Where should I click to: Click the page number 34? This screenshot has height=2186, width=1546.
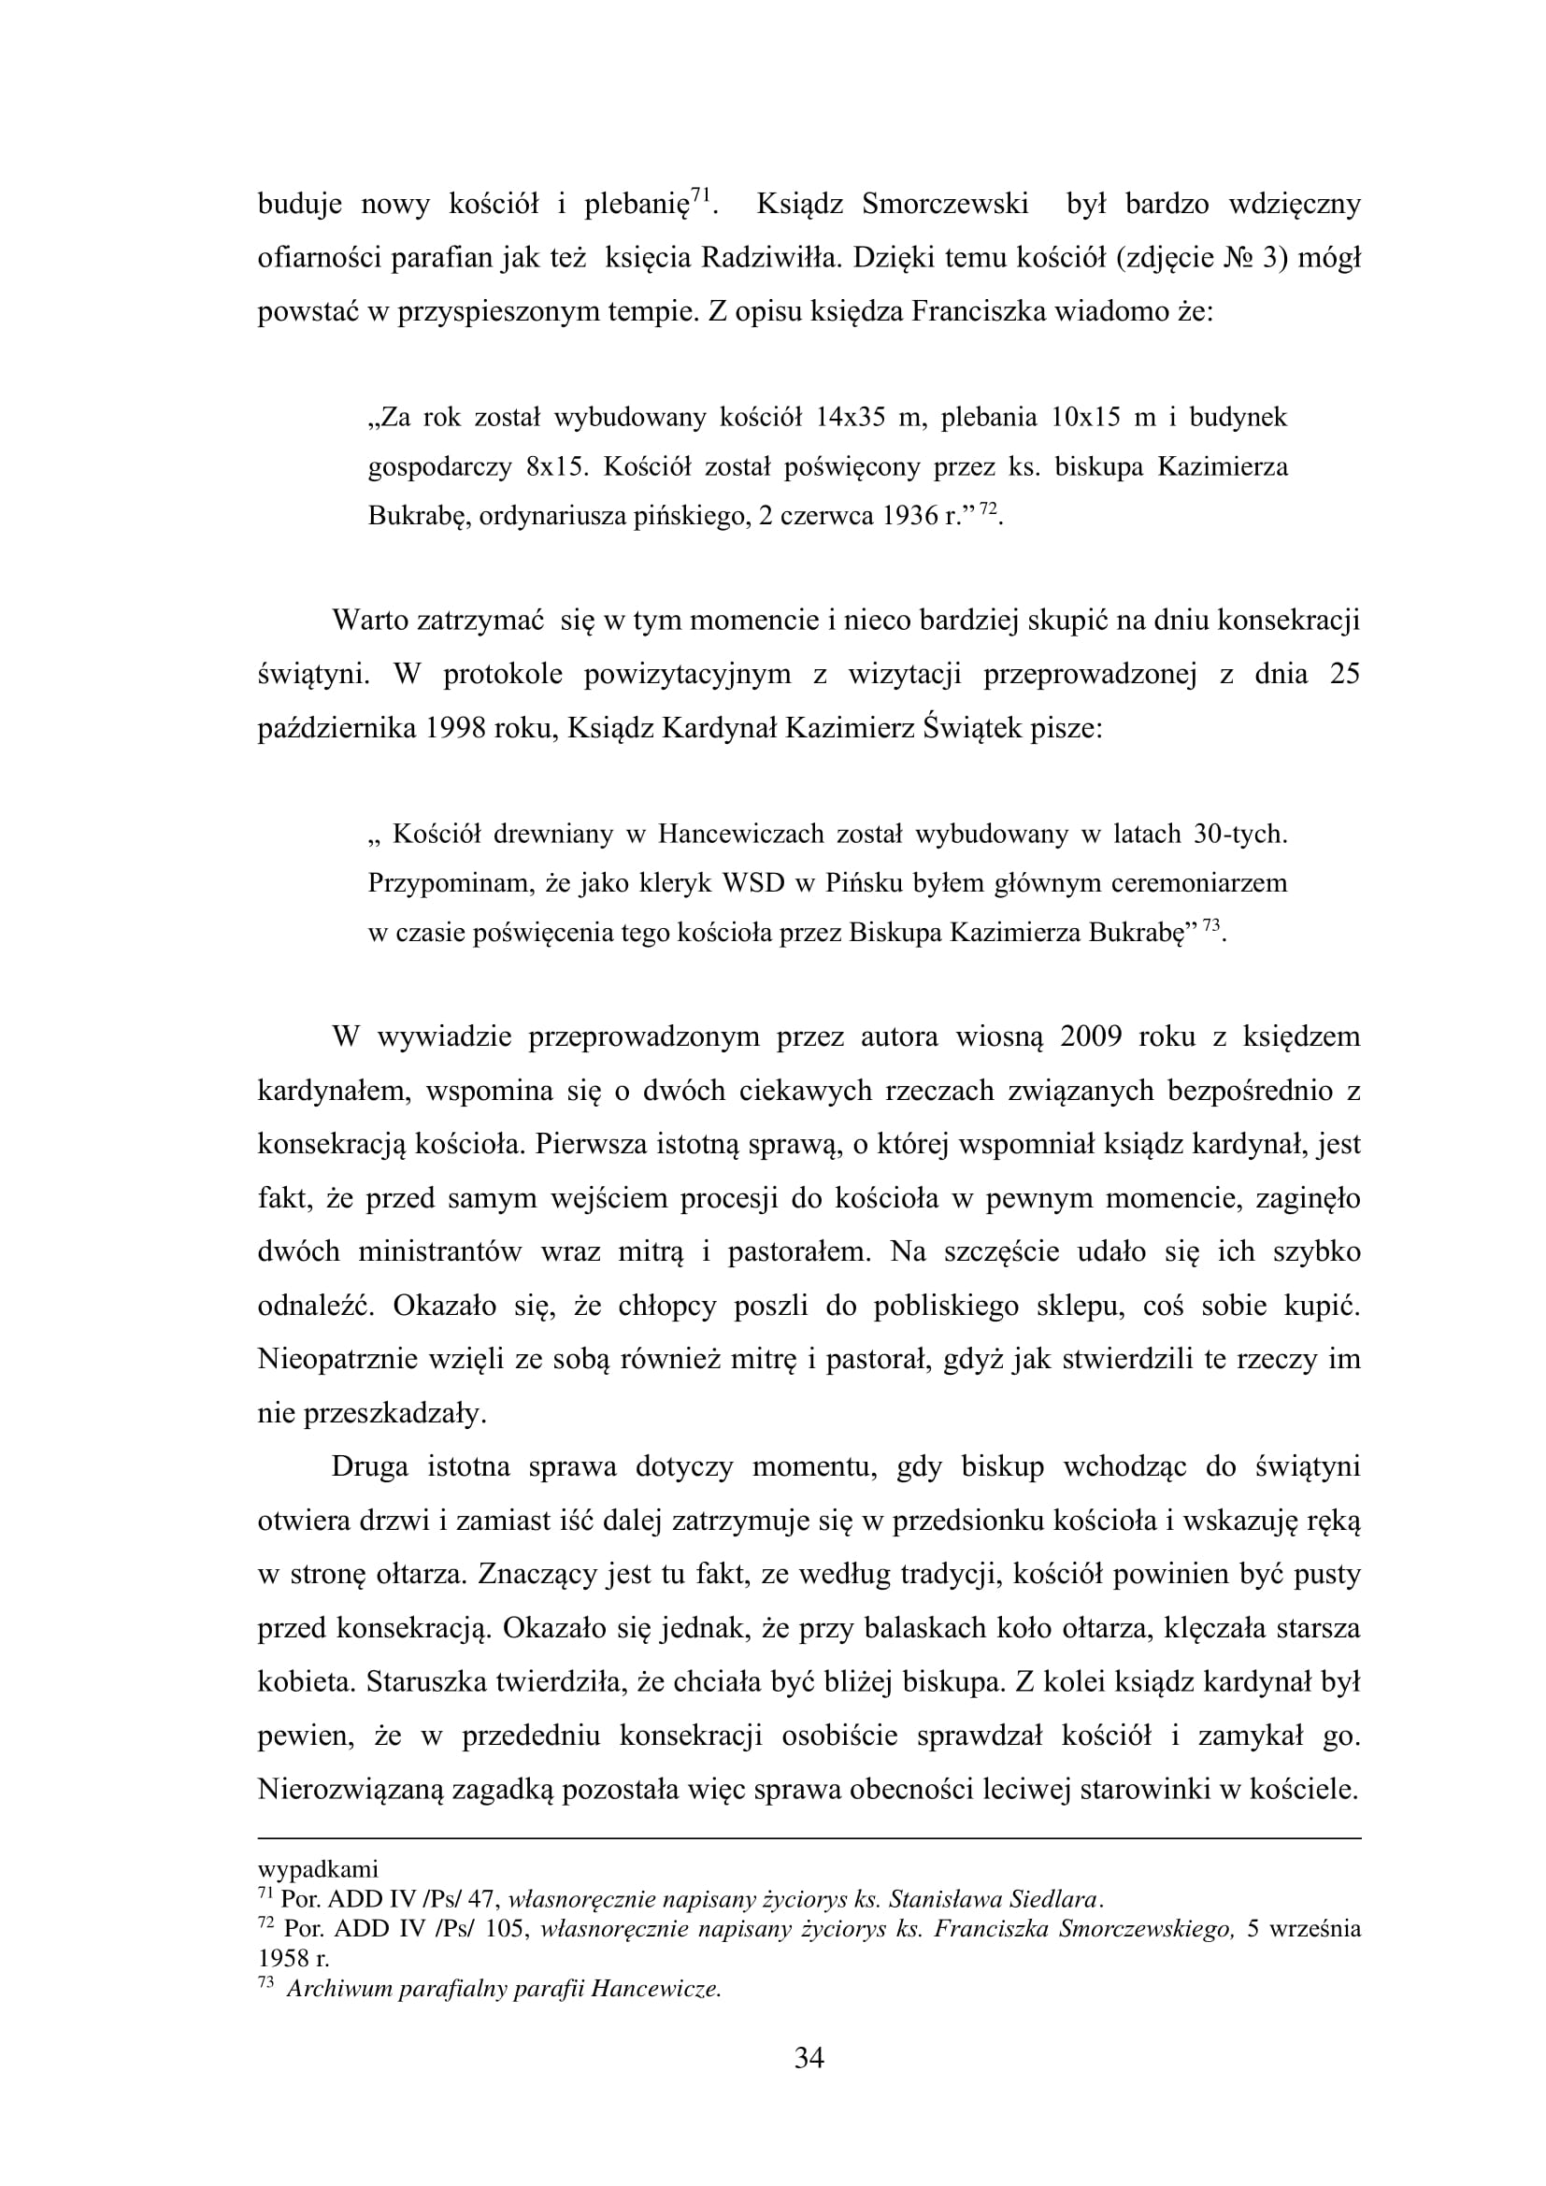[809, 2060]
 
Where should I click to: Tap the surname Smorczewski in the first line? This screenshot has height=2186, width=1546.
[944, 205]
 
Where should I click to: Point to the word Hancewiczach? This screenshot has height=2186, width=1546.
[739, 835]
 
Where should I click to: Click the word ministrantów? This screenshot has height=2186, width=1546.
[440, 1251]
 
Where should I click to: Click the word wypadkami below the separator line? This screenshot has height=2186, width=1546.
[318, 1869]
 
